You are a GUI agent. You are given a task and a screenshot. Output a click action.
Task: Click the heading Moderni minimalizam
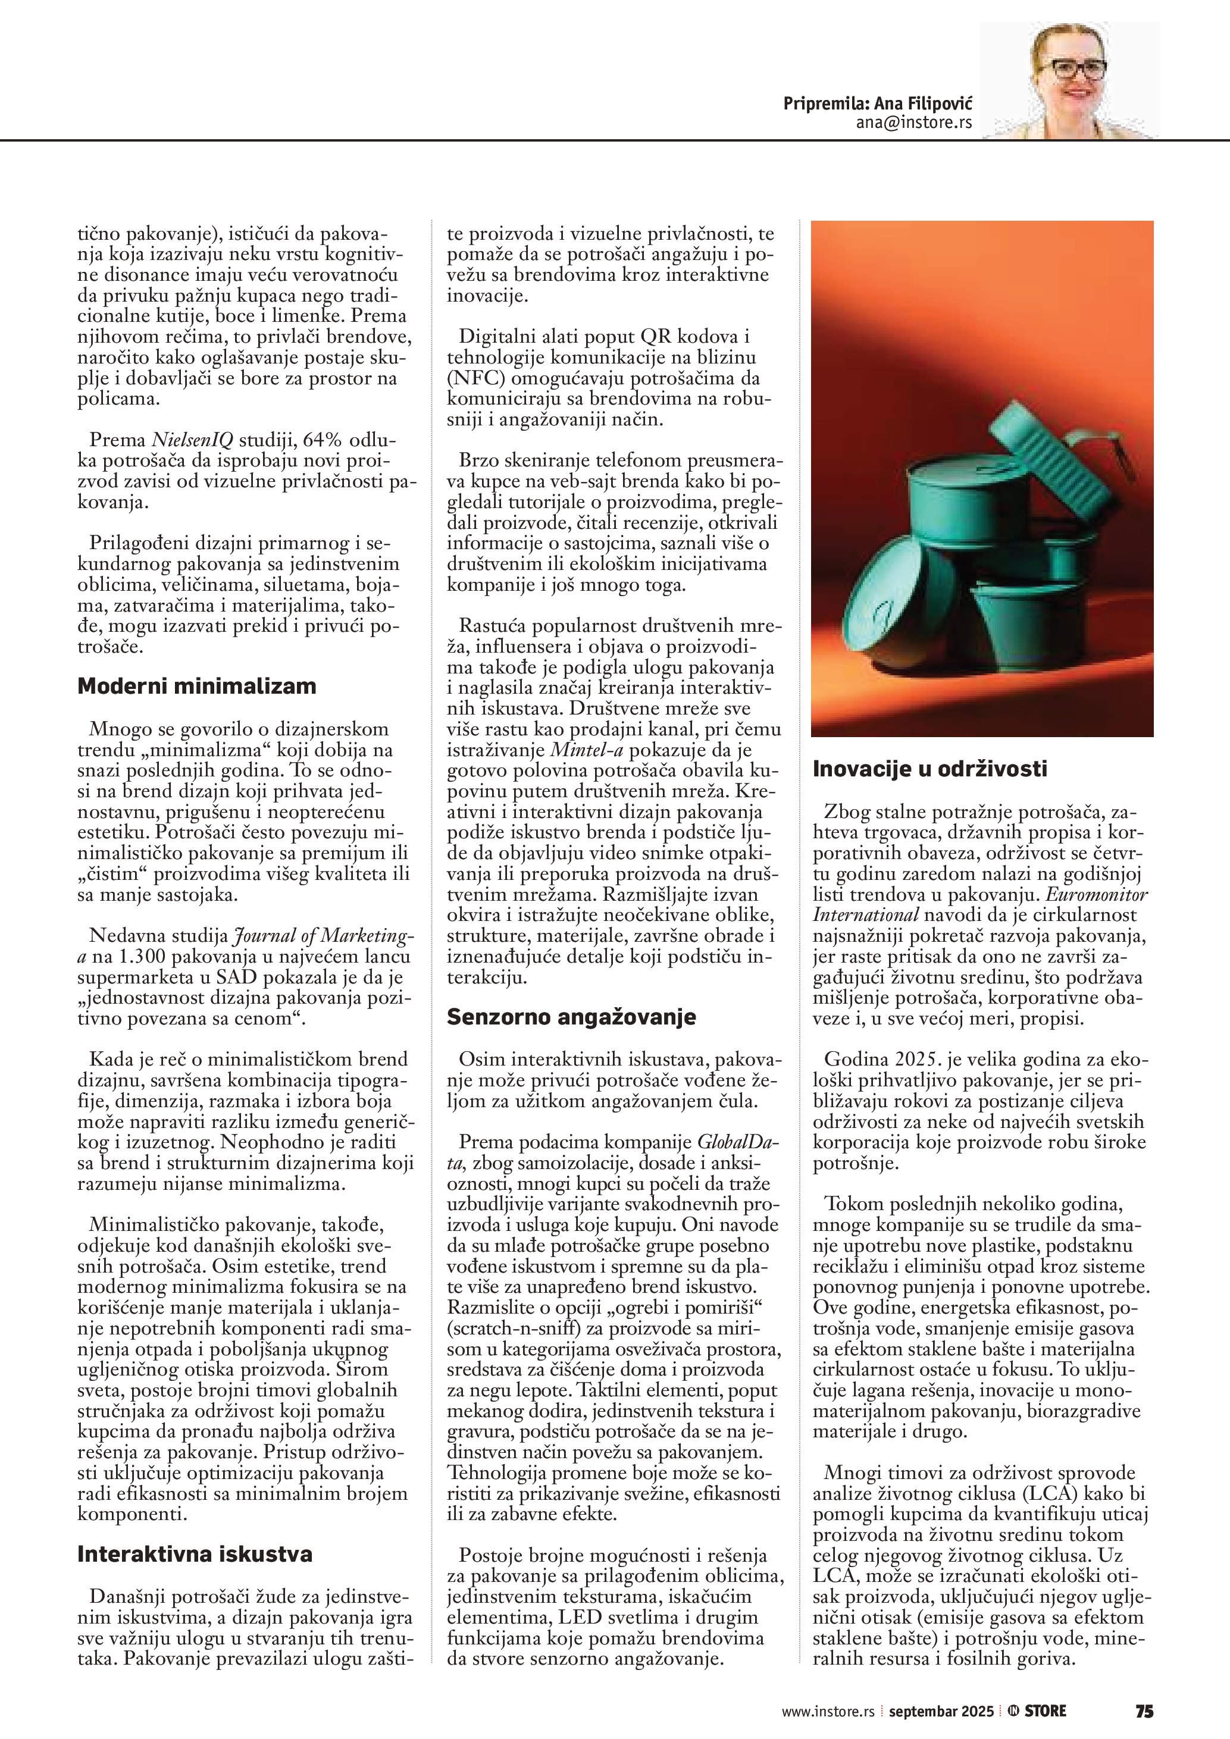point(197,686)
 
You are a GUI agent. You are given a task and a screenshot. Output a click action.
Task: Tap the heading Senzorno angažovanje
point(571,1016)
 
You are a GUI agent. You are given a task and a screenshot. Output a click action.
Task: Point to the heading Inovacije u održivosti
point(930,769)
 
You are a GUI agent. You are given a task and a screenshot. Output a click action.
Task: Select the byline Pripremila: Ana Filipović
point(878,104)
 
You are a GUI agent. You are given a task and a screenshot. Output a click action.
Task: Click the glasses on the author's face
point(1070,69)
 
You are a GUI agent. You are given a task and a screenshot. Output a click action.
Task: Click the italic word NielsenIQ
point(192,440)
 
